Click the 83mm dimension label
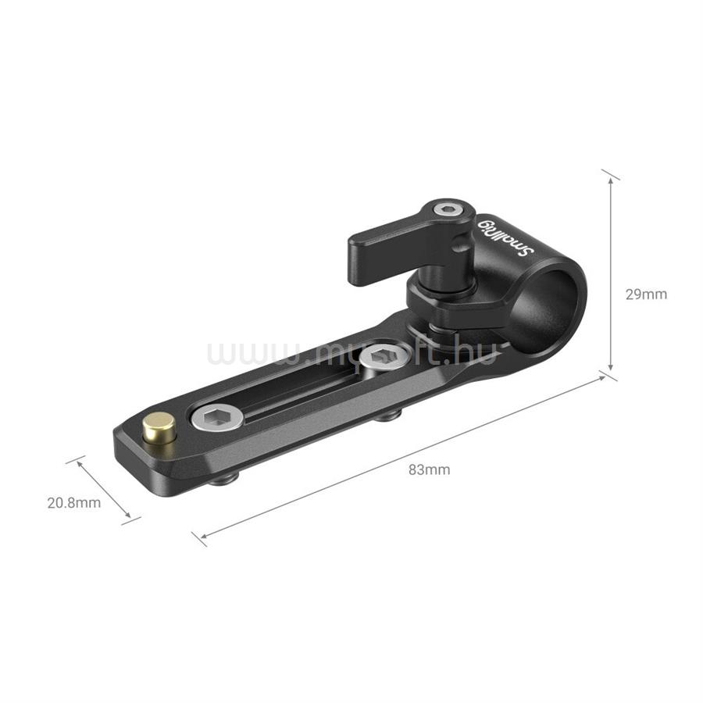point(429,469)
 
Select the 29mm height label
point(646,294)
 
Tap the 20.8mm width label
point(74,502)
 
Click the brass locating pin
point(159,429)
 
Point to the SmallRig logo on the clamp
point(505,237)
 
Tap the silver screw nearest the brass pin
point(217,419)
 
